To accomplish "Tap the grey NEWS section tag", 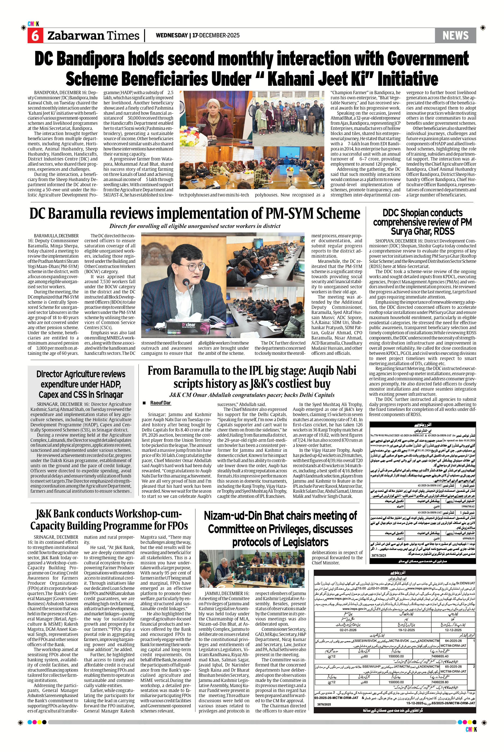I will point(455,35).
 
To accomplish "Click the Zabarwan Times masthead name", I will point(93,36).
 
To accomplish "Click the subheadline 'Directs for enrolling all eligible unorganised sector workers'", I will point(195,226).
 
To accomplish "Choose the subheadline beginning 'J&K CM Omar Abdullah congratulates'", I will point(252,395).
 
